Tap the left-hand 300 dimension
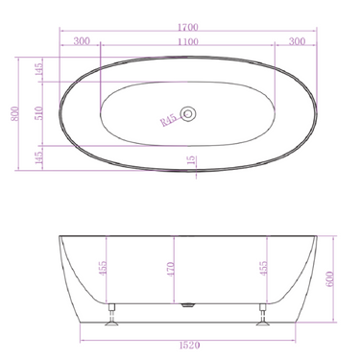[x=81, y=41]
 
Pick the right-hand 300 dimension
[x=296, y=41]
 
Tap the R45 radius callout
[x=171, y=121]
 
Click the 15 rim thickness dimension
[x=192, y=161]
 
